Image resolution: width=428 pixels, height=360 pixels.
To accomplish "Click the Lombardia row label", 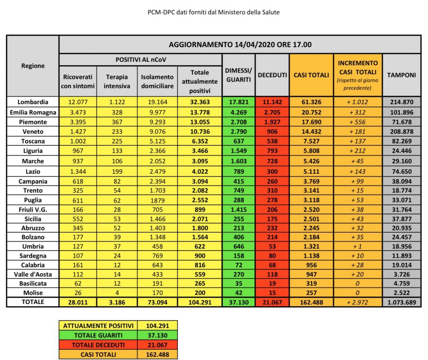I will click(x=33, y=101).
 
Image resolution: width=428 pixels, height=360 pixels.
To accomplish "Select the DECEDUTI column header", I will click(x=272, y=75).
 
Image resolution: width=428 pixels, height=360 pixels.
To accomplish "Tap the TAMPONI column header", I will click(x=401, y=75).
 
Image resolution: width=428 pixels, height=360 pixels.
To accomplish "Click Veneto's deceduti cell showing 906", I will click(x=272, y=131).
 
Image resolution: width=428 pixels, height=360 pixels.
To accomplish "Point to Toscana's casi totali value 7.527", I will click(x=311, y=141).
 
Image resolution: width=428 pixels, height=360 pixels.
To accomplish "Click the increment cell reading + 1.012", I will click(x=357, y=101).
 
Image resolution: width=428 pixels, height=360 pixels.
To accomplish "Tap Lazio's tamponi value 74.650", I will click(x=401, y=171).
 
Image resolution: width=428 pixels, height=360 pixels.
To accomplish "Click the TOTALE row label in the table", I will click(x=33, y=302).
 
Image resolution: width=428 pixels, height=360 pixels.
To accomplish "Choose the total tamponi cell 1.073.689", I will click(x=401, y=302).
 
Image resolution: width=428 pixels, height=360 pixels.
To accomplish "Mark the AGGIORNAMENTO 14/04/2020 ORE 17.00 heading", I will click(x=240, y=45).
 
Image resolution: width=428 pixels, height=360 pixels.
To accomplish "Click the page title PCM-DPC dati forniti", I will click(x=214, y=12).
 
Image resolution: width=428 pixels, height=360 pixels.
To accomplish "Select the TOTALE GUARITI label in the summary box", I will click(x=98, y=335).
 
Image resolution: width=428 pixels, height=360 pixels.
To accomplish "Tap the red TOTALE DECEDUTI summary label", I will click(x=98, y=345).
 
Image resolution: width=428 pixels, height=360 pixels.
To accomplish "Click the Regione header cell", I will click(x=33, y=66).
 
